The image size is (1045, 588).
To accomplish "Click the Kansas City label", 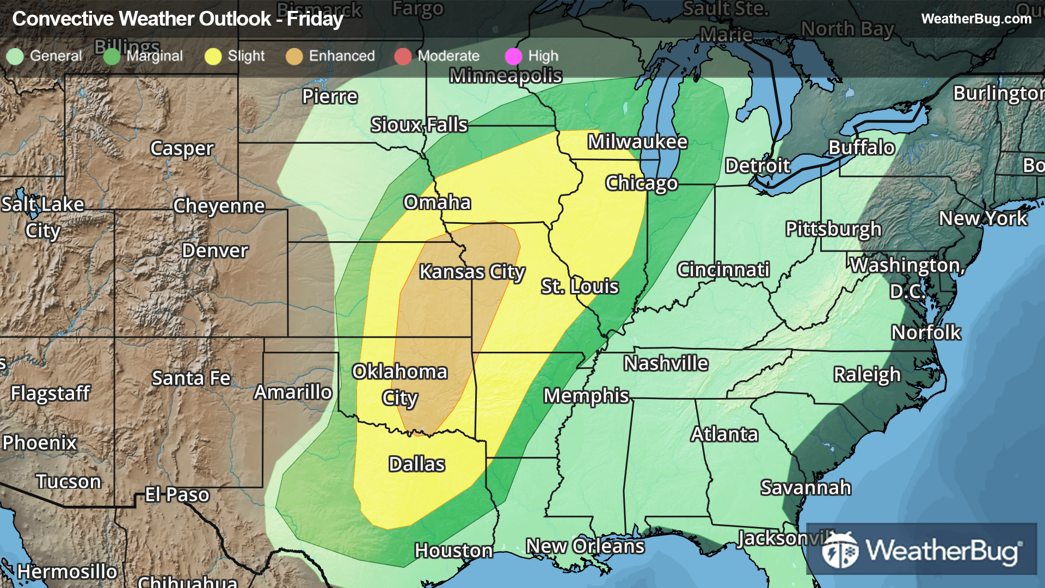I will (x=471, y=271).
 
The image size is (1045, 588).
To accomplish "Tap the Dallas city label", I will (x=417, y=464).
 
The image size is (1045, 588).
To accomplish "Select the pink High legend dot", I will (x=513, y=56).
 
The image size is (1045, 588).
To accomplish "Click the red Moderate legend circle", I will (x=403, y=56).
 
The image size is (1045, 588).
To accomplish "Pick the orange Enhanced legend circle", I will (x=294, y=56).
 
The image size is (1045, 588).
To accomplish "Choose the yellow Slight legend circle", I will (x=213, y=56).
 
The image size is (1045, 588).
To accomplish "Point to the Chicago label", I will (x=642, y=183).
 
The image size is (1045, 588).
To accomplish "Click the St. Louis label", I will (x=580, y=286).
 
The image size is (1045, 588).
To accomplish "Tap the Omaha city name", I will (x=437, y=202).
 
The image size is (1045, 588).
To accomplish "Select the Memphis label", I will (x=586, y=395).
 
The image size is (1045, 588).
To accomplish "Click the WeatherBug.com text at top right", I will (x=976, y=19).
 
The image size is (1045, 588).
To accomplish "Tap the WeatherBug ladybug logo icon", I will (x=840, y=550).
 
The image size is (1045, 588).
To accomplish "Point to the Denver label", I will (x=215, y=250).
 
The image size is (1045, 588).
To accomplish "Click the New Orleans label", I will (x=585, y=546).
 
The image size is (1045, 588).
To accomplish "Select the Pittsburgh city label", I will (x=833, y=229).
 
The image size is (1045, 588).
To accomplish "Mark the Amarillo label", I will (x=293, y=392).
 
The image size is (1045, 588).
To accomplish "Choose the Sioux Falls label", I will (x=419, y=125).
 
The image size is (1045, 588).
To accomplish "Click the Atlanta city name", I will (x=724, y=434).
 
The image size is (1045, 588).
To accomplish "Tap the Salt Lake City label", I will (x=42, y=217).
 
